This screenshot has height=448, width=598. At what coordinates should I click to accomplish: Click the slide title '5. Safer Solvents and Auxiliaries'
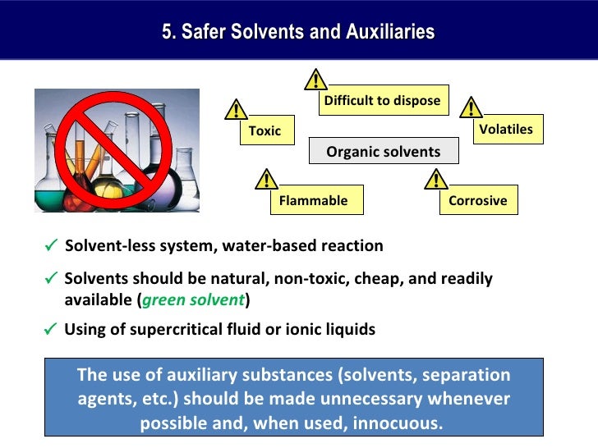[x=298, y=33]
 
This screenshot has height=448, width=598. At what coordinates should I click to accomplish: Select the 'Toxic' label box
[x=265, y=130]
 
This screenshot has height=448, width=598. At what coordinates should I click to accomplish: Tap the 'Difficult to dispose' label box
[x=382, y=101]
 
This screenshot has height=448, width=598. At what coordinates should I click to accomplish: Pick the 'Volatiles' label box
[x=505, y=129]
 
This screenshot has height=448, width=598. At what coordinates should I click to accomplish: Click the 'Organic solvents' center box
[x=383, y=152]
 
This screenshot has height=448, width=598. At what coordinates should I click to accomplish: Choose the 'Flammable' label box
[x=313, y=200]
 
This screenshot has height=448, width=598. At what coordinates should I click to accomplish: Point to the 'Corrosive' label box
[x=477, y=200]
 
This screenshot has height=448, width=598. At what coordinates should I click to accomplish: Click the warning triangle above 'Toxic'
[x=237, y=109]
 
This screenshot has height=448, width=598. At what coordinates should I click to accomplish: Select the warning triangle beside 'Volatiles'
[x=471, y=107]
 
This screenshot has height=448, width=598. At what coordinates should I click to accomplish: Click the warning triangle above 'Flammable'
[x=265, y=179]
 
